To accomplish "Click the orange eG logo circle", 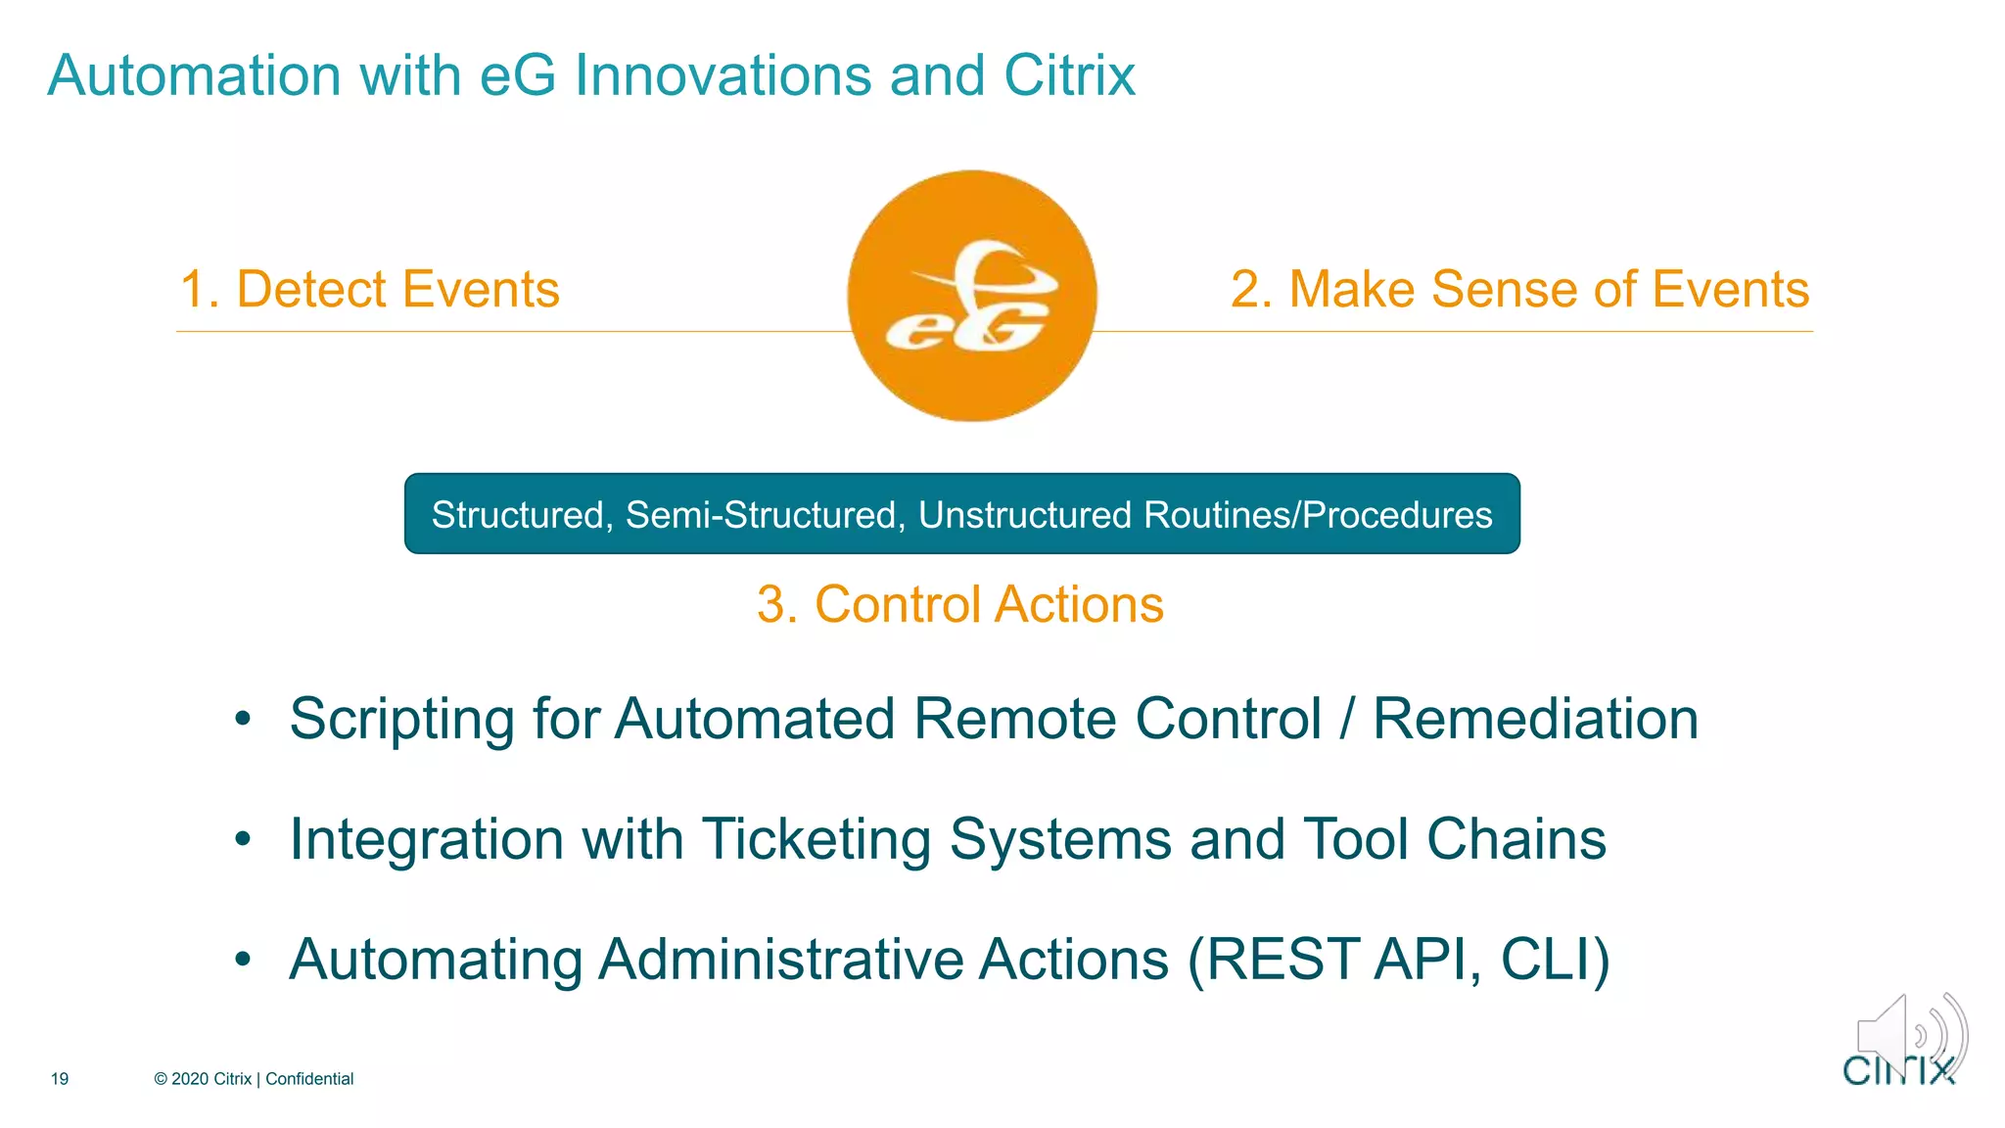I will [x=971, y=296].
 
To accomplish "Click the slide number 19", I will [x=60, y=1079].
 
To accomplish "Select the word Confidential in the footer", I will [x=309, y=1079].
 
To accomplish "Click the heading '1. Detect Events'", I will [x=369, y=290].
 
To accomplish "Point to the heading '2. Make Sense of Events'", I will [x=1519, y=290].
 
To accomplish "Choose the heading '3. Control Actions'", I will [x=960, y=604].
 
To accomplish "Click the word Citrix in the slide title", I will [x=1069, y=75].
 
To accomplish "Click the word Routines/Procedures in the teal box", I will [x=1317, y=515].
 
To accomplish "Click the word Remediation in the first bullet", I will [x=1535, y=720].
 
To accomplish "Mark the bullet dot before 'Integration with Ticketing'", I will [x=243, y=840].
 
